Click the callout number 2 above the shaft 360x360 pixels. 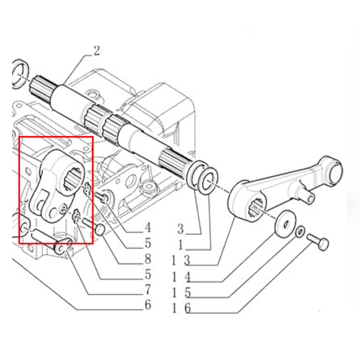pyautogui.click(x=97, y=51)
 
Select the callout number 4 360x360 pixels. pyautogui.click(x=148, y=227)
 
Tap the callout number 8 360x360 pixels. pyautogui.click(x=148, y=259)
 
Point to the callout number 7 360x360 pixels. pyautogui.click(x=148, y=290)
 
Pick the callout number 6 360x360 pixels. pyautogui.click(x=148, y=305)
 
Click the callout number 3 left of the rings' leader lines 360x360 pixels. pyautogui.click(x=181, y=229)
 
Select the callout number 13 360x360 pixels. pyautogui.click(x=181, y=261)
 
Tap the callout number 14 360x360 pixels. pyautogui.click(x=181, y=277)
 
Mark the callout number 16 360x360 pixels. pyautogui.click(x=181, y=308)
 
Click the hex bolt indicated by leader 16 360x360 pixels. pyautogui.click(x=318, y=242)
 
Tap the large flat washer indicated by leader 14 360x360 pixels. pyautogui.click(x=285, y=223)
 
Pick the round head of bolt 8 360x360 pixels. pyautogui.click(x=100, y=229)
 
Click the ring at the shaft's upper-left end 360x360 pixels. pyautogui.click(x=20, y=74)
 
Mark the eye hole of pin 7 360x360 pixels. pyautogui.click(x=61, y=247)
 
